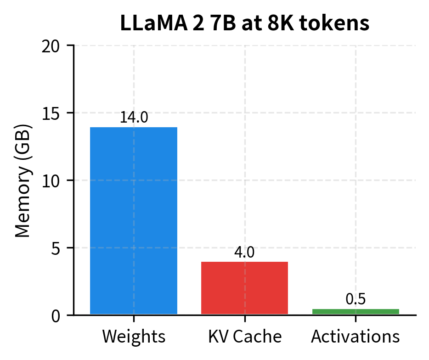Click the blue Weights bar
(133, 220)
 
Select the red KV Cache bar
(244, 288)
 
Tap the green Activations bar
(356, 311)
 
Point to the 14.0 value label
(134, 117)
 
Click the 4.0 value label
(244, 252)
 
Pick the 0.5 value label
(356, 299)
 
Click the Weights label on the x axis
(134, 337)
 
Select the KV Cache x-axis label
(244, 337)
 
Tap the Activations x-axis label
(356, 337)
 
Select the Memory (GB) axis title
(23, 180)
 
